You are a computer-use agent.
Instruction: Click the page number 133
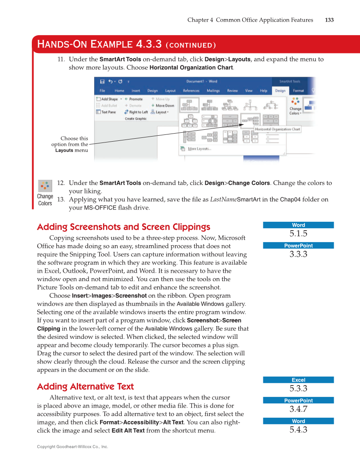coord(329,20)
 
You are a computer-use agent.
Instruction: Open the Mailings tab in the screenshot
coord(213,90)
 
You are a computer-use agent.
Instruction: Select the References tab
coord(191,90)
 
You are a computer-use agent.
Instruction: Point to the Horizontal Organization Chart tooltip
coord(277,129)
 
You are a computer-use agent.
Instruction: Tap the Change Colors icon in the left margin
coord(45,186)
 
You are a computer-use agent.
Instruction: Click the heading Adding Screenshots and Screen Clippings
coord(123,227)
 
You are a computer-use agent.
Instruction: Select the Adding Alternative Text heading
coord(85,386)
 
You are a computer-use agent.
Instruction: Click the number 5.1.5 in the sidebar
coord(298,234)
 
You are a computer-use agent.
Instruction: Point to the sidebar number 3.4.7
coord(298,409)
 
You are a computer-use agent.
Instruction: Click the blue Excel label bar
coord(298,380)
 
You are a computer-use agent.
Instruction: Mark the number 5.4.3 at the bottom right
coord(298,430)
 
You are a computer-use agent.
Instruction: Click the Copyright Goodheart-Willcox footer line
coord(73,447)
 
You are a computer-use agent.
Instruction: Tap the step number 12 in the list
coord(61,183)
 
